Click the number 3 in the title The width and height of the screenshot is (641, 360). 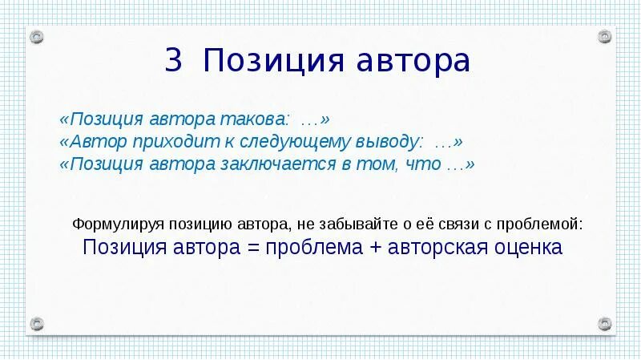tap(174, 62)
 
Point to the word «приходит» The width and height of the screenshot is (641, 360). tap(147, 142)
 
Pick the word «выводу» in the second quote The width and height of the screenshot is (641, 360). tap(390, 142)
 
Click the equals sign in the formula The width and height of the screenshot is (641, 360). tap(253, 247)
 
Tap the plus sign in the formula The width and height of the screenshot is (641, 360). tap(375, 247)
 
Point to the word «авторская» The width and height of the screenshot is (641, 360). tap(436, 247)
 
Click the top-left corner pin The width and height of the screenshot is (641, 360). tap(37, 37)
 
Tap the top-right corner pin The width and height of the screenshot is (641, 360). tap(604, 37)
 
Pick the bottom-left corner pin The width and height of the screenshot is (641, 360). tap(37, 323)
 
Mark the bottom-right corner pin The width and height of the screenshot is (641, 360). tap(604, 323)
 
